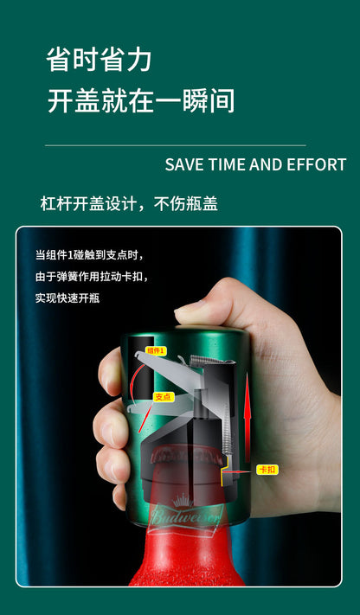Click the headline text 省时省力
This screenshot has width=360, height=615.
click(x=99, y=60)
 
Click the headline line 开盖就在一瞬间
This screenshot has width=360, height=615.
click(x=140, y=101)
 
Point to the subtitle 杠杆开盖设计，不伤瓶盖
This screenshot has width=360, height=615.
click(x=129, y=204)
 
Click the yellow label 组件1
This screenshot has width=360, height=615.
click(x=157, y=350)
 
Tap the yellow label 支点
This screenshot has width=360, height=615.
click(x=163, y=397)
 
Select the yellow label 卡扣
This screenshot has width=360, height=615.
click(x=267, y=470)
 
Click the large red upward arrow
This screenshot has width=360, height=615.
click(x=247, y=417)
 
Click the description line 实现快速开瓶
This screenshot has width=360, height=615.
click(x=67, y=298)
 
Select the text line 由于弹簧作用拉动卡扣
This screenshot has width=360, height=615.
click(x=93, y=277)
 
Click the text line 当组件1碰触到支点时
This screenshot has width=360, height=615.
click(x=89, y=256)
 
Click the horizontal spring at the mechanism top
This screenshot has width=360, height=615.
click(x=211, y=360)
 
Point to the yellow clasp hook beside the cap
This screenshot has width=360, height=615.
click(x=225, y=471)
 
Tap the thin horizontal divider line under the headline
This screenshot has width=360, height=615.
click(x=176, y=145)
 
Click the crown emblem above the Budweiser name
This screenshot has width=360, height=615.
click(x=183, y=501)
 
